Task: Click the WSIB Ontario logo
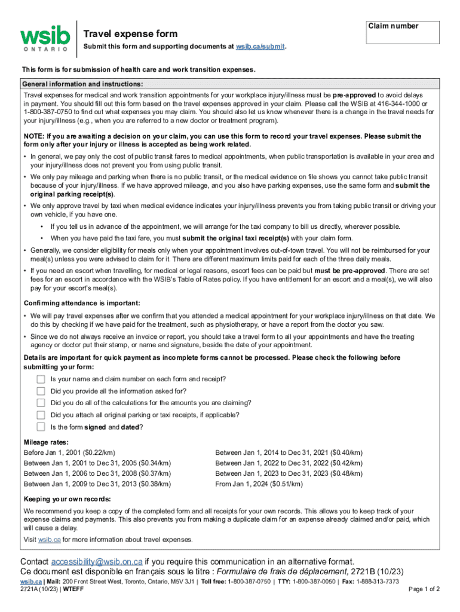click(x=44, y=38)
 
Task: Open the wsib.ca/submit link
click(x=260, y=47)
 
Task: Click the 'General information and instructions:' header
click(x=82, y=84)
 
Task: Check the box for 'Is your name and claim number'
click(x=41, y=380)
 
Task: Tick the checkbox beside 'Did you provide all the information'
click(x=41, y=391)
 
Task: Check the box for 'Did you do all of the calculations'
click(x=41, y=403)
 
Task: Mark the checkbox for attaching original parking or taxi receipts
click(x=41, y=415)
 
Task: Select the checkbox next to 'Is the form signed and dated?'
click(x=41, y=427)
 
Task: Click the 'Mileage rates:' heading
click(x=46, y=442)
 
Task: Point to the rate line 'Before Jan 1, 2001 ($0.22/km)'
click(x=69, y=452)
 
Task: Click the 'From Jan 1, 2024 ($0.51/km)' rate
click(x=260, y=484)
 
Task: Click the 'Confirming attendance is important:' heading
click(x=82, y=302)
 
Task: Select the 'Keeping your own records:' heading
click(x=67, y=499)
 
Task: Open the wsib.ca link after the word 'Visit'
click(x=50, y=540)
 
